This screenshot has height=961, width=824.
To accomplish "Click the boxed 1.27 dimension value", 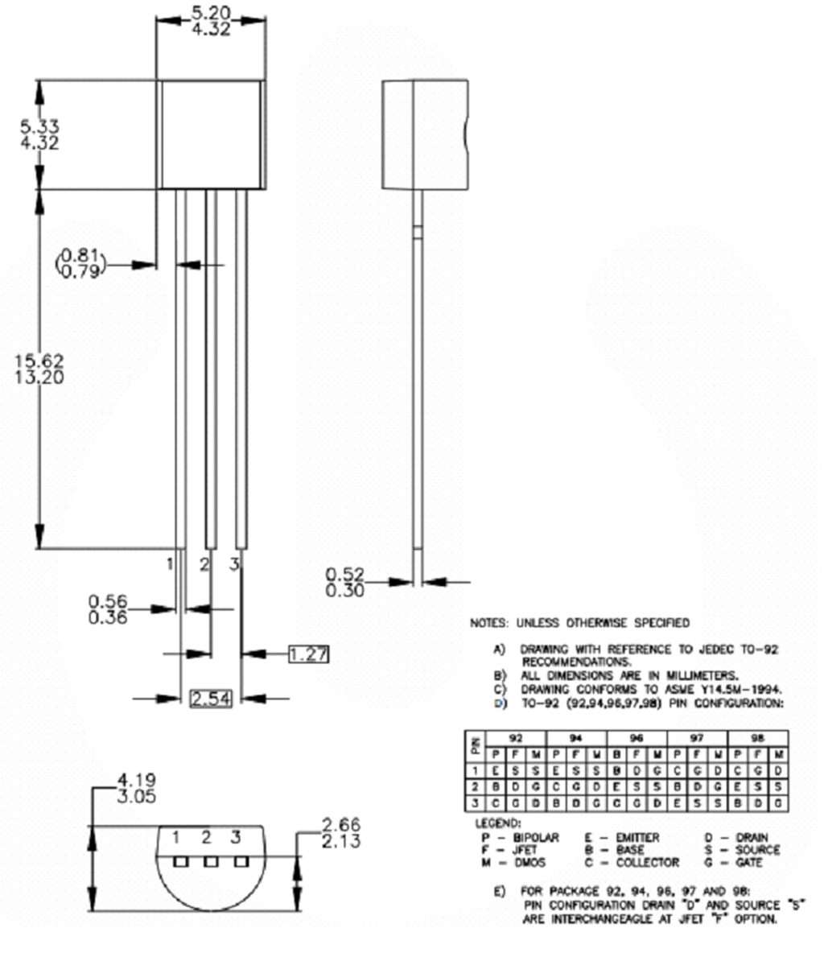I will [308, 654].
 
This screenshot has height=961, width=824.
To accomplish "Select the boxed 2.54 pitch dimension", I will [211, 699].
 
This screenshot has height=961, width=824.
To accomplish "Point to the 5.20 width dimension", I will [210, 13].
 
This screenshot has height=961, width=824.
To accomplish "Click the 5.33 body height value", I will [39, 126].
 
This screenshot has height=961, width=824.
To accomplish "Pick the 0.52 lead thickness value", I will [345, 575].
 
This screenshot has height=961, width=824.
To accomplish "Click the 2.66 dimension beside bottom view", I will [341, 824].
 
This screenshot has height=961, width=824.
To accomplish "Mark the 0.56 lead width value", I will [109, 600].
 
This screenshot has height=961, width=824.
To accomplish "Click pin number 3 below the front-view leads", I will [234, 565].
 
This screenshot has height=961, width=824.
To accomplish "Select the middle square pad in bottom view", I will [211, 861].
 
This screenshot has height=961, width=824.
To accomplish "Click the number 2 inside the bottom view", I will [206, 838].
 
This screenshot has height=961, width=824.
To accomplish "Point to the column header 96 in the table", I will [637, 737].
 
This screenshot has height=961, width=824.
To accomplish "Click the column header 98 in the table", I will [756, 737].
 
